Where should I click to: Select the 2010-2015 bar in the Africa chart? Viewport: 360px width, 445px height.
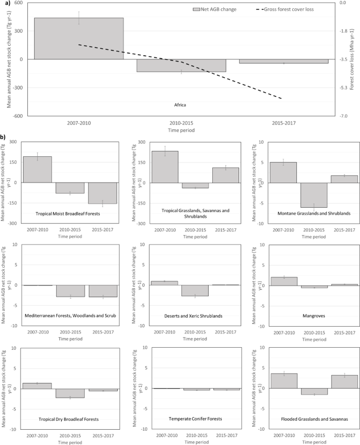click(x=181, y=65)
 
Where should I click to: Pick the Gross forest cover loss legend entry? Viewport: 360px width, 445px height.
click(x=291, y=9)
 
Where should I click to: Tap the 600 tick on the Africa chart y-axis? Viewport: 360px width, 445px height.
click(x=18, y=3)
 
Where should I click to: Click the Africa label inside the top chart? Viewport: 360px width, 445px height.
click(x=180, y=104)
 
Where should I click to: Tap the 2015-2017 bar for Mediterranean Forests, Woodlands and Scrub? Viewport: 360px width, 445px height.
click(x=102, y=291)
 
